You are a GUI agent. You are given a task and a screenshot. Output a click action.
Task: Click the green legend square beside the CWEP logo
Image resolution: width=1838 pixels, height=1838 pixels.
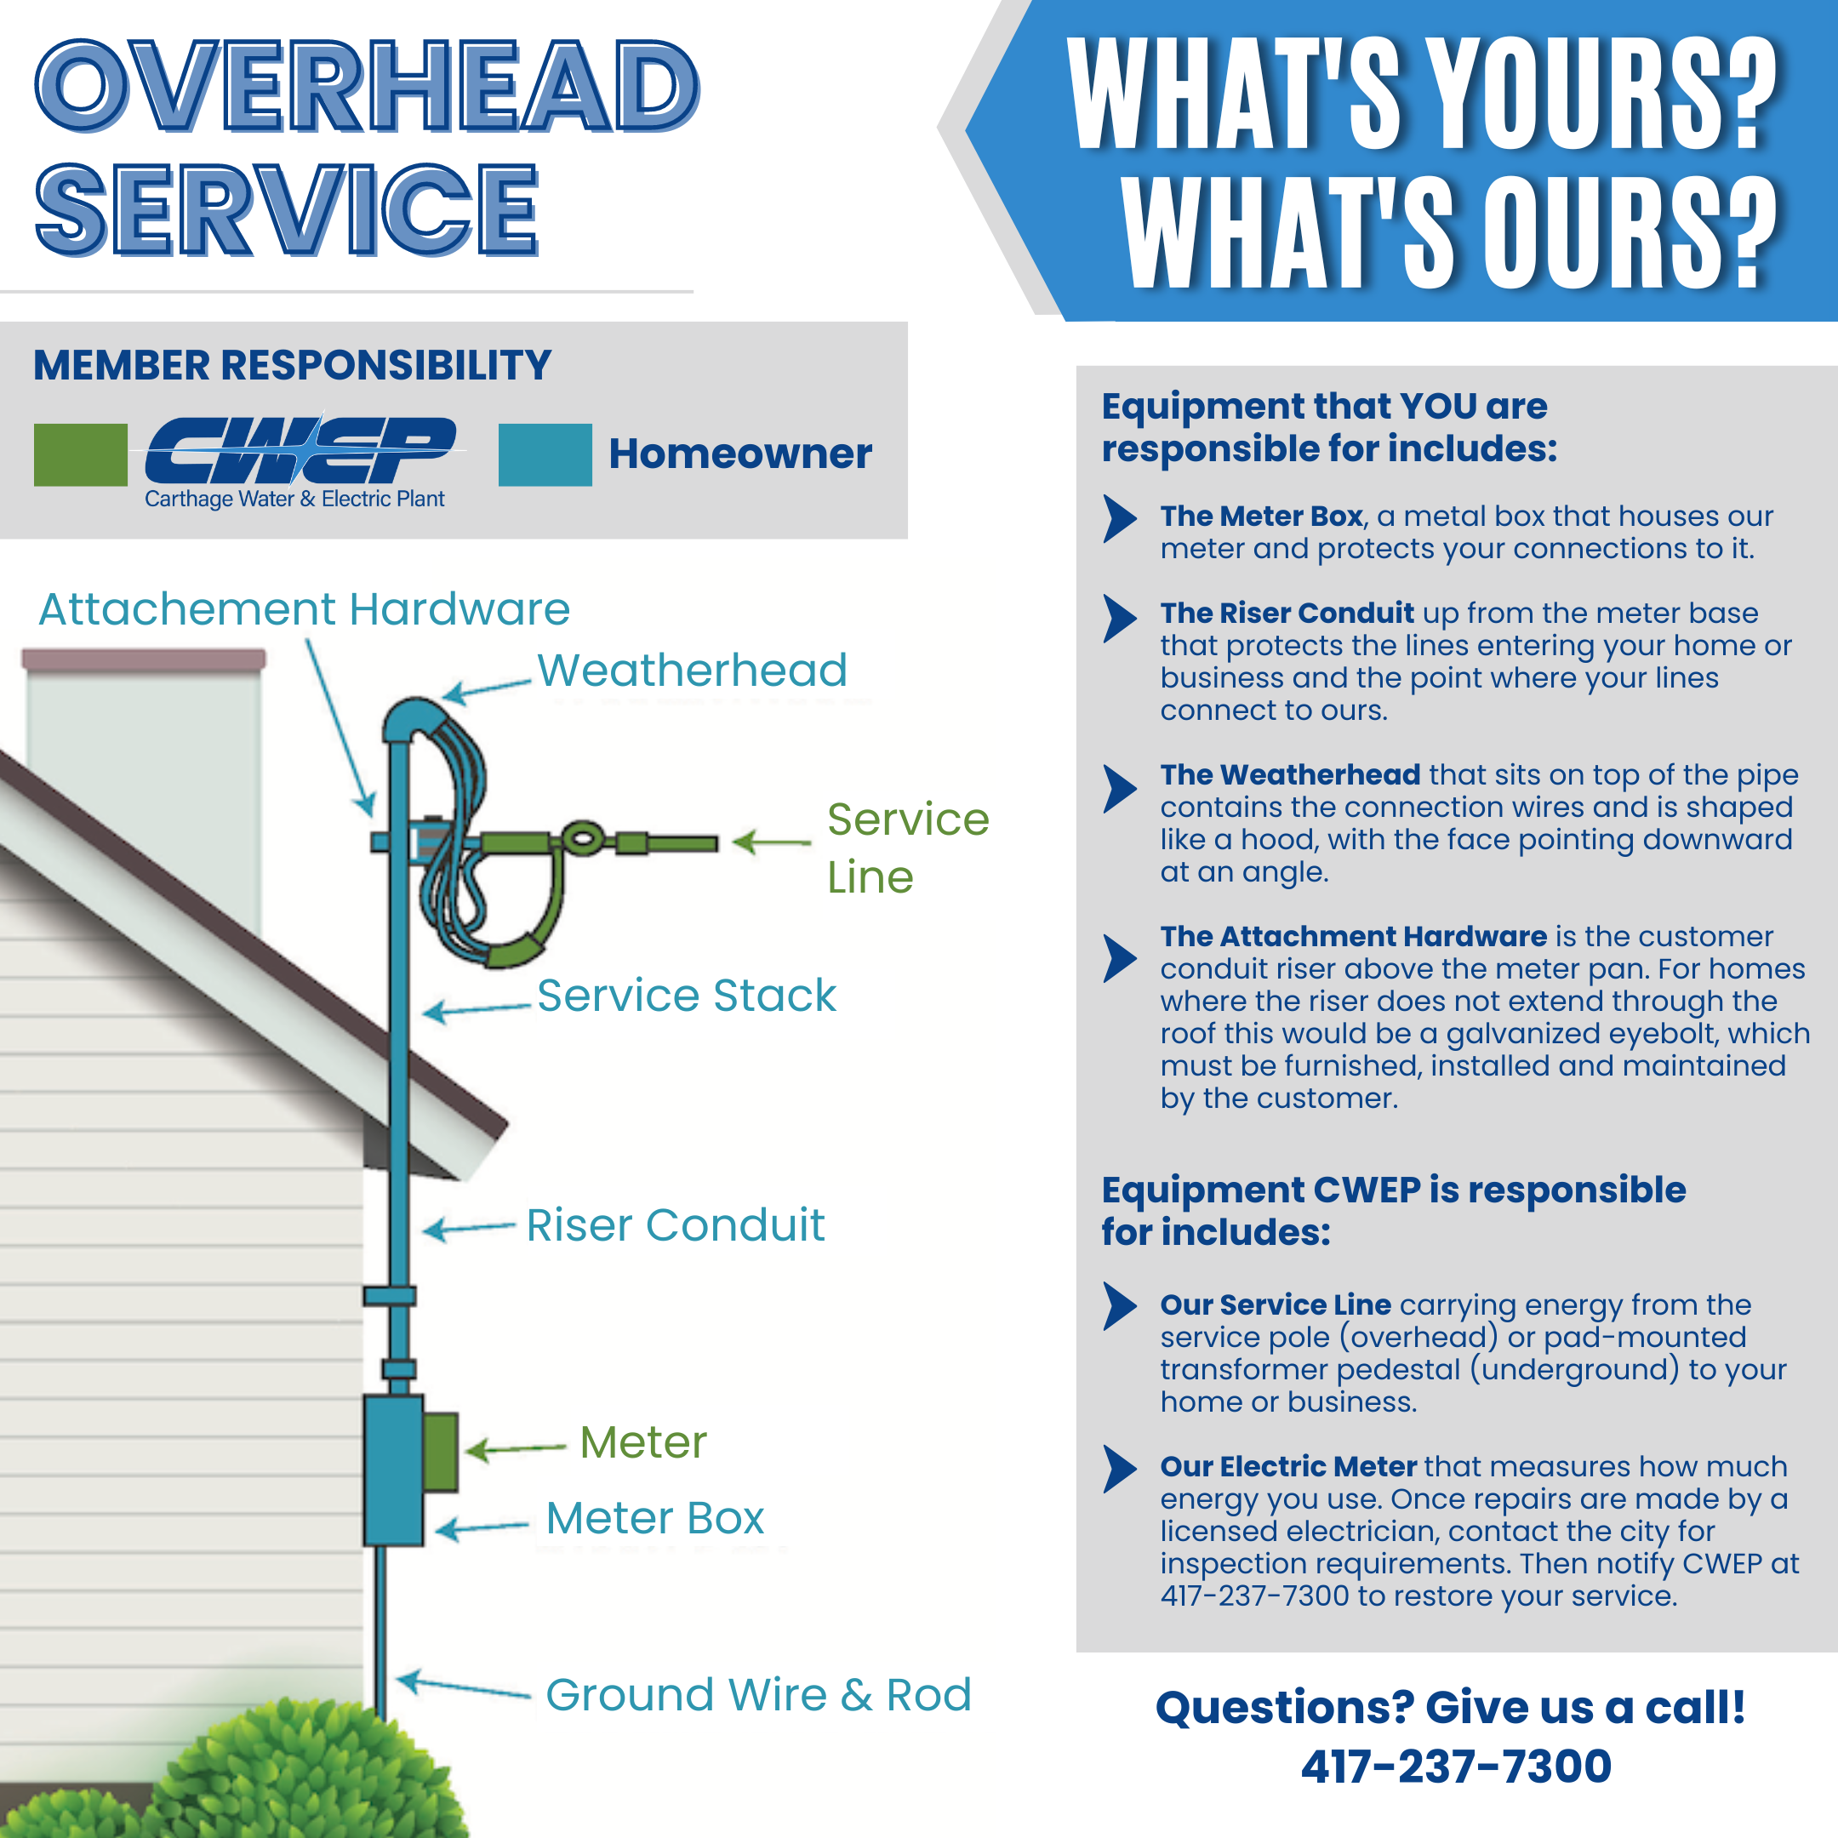(81, 454)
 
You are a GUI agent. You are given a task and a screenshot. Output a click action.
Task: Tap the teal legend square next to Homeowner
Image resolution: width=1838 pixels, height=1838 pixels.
(545, 454)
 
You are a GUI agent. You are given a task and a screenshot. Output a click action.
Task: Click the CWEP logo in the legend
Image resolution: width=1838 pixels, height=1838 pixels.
(300, 461)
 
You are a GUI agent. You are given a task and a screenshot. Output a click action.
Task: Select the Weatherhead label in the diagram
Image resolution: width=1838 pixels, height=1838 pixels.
(693, 671)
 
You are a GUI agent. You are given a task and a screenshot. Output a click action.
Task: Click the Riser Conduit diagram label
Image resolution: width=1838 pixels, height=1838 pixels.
(676, 1224)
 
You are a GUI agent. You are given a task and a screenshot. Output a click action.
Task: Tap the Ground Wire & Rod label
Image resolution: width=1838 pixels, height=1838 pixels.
(758, 1694)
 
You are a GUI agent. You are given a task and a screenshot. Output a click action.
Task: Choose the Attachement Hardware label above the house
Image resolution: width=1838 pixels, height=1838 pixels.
(305, 609)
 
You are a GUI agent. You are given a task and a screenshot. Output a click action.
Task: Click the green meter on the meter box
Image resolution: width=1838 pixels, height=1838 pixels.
(441, 1452)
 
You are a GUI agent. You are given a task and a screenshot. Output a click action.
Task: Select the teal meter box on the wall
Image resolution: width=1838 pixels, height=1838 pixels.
(394, 1470)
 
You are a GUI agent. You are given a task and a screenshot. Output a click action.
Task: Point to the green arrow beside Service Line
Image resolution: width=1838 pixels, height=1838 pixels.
(772, 842)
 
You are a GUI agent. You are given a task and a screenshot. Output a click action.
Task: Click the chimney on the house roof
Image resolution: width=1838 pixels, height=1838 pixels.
(144, 761)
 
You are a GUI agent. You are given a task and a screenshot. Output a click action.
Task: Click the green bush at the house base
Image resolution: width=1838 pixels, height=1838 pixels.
(238, 1770)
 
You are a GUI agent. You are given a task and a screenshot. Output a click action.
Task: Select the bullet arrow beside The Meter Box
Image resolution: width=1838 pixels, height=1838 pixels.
(1120, 518)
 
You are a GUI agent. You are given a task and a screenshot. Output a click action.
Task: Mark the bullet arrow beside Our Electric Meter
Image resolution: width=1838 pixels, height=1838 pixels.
(1120, 1469)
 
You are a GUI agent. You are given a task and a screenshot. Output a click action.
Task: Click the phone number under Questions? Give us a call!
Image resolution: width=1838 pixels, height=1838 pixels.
(1456, 1767)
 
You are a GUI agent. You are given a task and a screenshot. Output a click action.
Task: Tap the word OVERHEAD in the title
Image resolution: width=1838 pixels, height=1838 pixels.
(368, 86)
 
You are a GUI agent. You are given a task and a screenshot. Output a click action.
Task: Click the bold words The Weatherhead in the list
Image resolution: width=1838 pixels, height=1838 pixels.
(1290, 774)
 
